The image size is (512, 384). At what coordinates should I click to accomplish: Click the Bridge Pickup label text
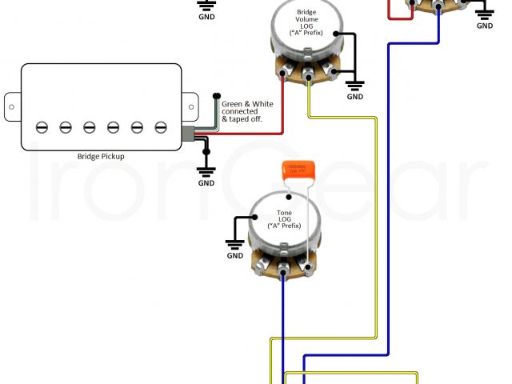pos(101,157)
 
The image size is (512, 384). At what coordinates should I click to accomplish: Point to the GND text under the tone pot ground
pos(234,256)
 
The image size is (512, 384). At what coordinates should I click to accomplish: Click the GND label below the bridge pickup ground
pos(206,183)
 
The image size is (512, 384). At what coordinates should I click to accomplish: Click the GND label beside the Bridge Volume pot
pos(354,97)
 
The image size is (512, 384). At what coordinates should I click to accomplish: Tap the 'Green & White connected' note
pos(248,111)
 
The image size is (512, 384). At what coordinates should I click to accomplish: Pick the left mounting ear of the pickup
pos(12,104)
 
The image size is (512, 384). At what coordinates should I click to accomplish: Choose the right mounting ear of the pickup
pos(190,104)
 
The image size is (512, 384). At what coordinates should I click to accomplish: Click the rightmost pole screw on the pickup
pos(161,126)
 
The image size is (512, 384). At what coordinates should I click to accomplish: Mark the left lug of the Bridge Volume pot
pos(285,76)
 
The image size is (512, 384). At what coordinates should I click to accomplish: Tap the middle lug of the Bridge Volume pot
pos(309,78)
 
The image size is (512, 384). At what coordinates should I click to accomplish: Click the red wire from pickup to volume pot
pos(248,133)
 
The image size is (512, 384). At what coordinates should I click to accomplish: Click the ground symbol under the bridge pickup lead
pos(206,170)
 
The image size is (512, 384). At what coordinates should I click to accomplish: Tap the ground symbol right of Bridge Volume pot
pos(354,83)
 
